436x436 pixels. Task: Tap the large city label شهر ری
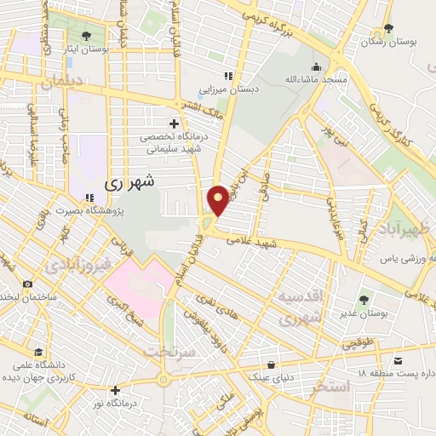tap(130, 182)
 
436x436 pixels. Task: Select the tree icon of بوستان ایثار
tap(86, 36)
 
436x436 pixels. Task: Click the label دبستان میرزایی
tap(224, 87)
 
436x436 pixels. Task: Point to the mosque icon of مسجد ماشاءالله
tap(316, 67)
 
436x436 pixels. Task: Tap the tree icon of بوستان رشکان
tap(388, 29)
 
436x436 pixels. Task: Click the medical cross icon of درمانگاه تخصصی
tap(175, 124)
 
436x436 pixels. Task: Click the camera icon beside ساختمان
tap(28, 284)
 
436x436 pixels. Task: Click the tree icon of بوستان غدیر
tap(364, 299)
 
